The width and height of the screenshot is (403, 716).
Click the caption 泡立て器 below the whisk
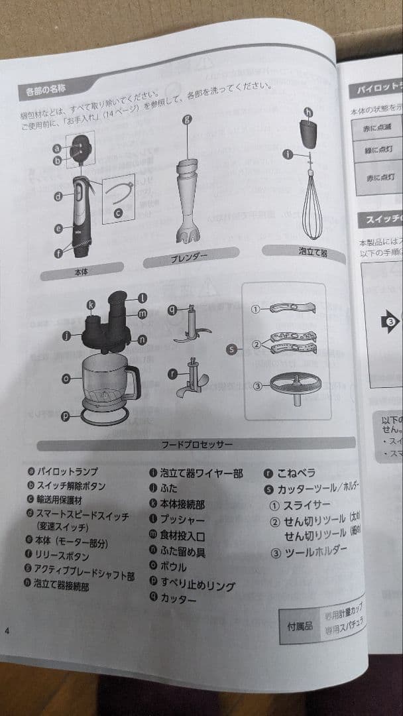tap(312, 253)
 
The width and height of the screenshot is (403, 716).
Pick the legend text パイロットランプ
tap(68, 472)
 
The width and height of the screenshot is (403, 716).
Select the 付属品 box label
tap(299, 625)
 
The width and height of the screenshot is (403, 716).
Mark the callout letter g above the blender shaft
tap(187, 120)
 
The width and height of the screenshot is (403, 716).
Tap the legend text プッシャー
tap(182, 520)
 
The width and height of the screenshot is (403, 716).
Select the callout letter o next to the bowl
tap(66, 379)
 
